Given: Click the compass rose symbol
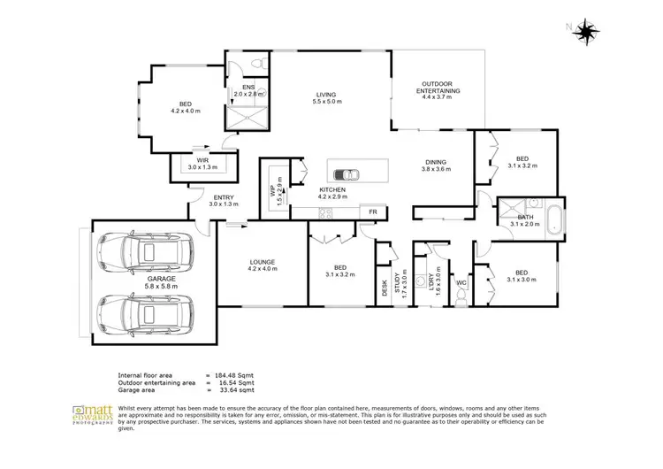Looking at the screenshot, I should click(583, 32).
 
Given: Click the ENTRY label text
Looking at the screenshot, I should click(224, 198).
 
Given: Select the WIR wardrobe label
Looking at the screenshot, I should click(202, 160).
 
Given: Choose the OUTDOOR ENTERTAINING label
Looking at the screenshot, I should click(437, 87).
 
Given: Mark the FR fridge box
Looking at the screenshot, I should click(372, 212).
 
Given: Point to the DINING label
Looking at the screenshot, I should click(435, 163).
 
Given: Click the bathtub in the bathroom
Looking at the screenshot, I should click(553, 219).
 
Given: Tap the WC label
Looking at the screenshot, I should click(461, 283).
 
